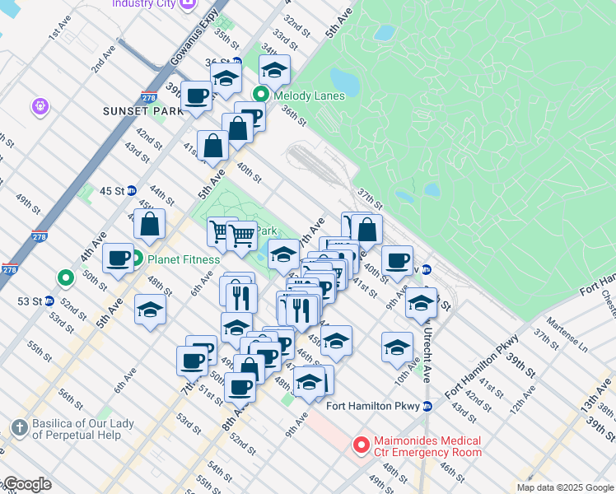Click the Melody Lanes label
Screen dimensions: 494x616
click(x=310, y=96)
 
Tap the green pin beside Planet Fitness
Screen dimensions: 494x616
click(x=138, y=259)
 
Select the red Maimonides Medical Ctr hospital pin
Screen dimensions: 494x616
click(x=361, y=445)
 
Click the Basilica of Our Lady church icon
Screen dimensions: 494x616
click(x=20, y=428)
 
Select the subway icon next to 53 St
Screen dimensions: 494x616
click(x=49, y=301)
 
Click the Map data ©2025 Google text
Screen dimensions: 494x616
click(x=564, y=487)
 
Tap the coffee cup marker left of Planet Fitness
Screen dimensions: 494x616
click(x=119, y=258)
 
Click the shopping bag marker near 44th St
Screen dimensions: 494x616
click(x=151, y=223)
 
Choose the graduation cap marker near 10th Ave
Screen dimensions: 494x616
click(x=397, y=346)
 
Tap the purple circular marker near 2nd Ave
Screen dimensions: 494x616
click(x=40, y=106)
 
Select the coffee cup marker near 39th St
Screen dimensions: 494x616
click(x=197, y=96)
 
